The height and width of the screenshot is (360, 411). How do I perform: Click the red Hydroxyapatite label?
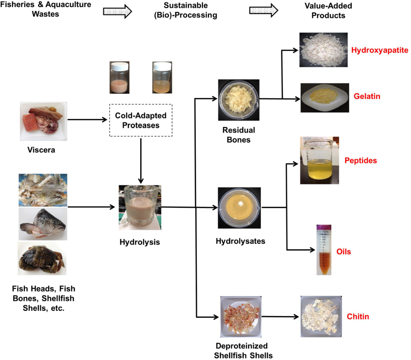tap(379, 50)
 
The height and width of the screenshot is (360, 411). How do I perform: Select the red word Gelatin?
tap(367, 96)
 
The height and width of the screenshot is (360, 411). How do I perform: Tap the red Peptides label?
tap(361, 160)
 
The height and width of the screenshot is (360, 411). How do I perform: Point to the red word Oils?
tap(344, 252)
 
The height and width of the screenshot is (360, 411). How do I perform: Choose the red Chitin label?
tap(358, 317)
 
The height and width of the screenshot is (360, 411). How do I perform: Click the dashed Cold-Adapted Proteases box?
tap(141, 120)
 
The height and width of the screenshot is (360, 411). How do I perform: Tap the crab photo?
tap(42, 259)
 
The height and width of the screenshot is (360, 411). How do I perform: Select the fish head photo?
tap(43, 224)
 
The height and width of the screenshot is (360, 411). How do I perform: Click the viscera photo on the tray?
tap(43, 121)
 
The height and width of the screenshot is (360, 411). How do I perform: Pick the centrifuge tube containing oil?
tap(324, 250)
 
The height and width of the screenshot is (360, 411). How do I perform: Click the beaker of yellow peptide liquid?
tap(319, 160)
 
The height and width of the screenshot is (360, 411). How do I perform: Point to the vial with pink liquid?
tap(120, 78)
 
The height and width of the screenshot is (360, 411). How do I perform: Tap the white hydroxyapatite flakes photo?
tap(323, 50)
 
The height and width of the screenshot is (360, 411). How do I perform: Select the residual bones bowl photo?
tap(239, 100)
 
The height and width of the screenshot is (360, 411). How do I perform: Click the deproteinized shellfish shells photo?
tap(241, 317)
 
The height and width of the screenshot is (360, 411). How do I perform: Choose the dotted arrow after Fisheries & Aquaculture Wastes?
tap(117, 11)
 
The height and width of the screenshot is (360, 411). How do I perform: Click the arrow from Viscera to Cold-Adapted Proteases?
tap(88, 120)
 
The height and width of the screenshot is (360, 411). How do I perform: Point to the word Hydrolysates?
tap(240, 241)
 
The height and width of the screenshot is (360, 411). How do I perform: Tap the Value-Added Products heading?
tap(328, 11)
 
